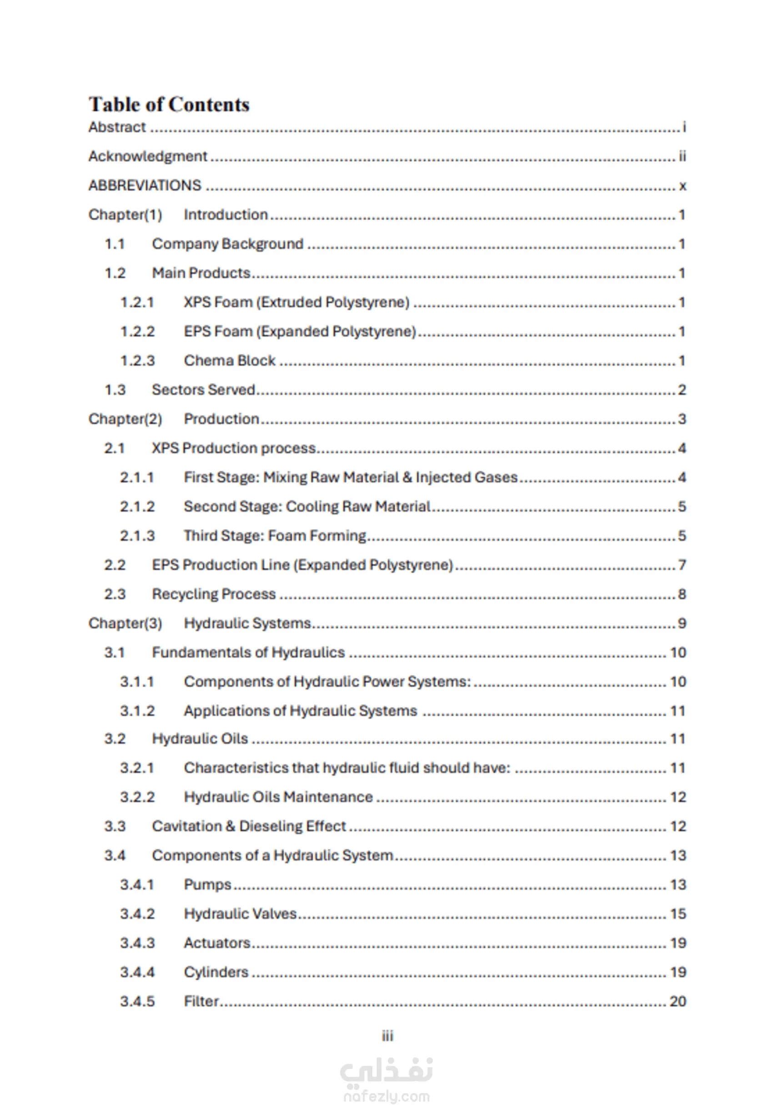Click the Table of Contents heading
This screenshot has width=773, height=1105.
(x=169, y=105)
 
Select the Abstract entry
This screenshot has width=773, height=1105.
(x=117, y=127)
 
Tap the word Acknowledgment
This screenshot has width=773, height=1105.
(x=148, y=156)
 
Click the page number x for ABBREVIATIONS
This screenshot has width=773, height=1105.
(x=682, y=186)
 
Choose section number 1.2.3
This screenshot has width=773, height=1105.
(x=137, y=360)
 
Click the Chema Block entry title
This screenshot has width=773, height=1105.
(x=230, y=360)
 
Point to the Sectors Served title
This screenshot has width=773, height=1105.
(x=203, y=390)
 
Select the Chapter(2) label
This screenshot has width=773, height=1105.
(x=125, y=419)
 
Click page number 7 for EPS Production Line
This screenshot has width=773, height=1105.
(x=682, y=565)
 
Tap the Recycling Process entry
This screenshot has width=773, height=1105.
(x=214, y=594)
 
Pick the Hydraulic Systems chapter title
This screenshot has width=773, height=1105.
(x=247, y=623)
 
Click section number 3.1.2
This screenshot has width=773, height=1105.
(x=137, y=711)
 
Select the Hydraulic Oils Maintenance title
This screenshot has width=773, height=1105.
(x=278, y=797)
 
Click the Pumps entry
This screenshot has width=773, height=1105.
(x=207, y=885)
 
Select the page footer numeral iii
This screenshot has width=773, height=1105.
(x=387, y=1036)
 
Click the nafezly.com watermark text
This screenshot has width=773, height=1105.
(x=386, y=1096)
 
